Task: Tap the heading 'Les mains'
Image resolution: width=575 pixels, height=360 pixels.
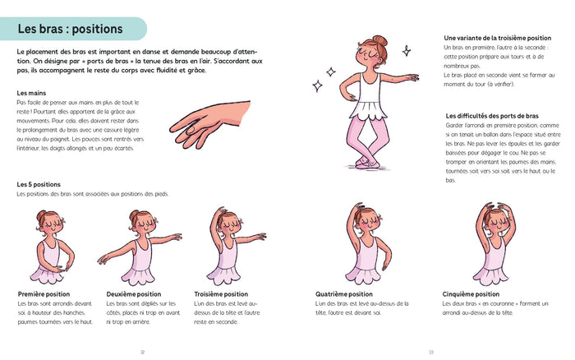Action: pyautogui.click(x=30, y=93)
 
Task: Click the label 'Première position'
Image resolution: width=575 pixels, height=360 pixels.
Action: pyautogui.click(x=44, y=293)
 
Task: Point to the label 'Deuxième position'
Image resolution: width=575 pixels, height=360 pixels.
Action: pyautogui.click(x=134, y=293)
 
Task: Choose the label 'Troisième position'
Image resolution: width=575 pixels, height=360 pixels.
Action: pyautogui.click(x=221, y=293)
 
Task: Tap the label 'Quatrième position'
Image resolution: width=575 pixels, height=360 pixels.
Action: pyautogui.click(x=344, y=293)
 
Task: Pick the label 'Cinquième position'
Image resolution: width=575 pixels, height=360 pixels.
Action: pyautogui.click(x=471, y=293)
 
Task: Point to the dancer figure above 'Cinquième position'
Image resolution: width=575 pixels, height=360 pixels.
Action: pyautogui.click(x=491, y=244)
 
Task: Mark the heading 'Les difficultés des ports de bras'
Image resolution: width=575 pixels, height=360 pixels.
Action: pyautogui.click(x=491, y=115)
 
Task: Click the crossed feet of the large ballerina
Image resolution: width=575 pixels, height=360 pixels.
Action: pyautogui.click(x=366, y=161)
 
